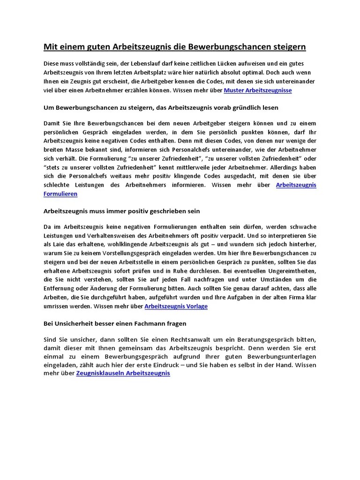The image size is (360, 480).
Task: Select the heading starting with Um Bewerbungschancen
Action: (161, 107)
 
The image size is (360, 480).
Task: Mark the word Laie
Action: (62, 245)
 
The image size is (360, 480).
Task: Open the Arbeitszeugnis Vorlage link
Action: (176, 307)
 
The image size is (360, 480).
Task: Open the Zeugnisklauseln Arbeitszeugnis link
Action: (123, 374)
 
